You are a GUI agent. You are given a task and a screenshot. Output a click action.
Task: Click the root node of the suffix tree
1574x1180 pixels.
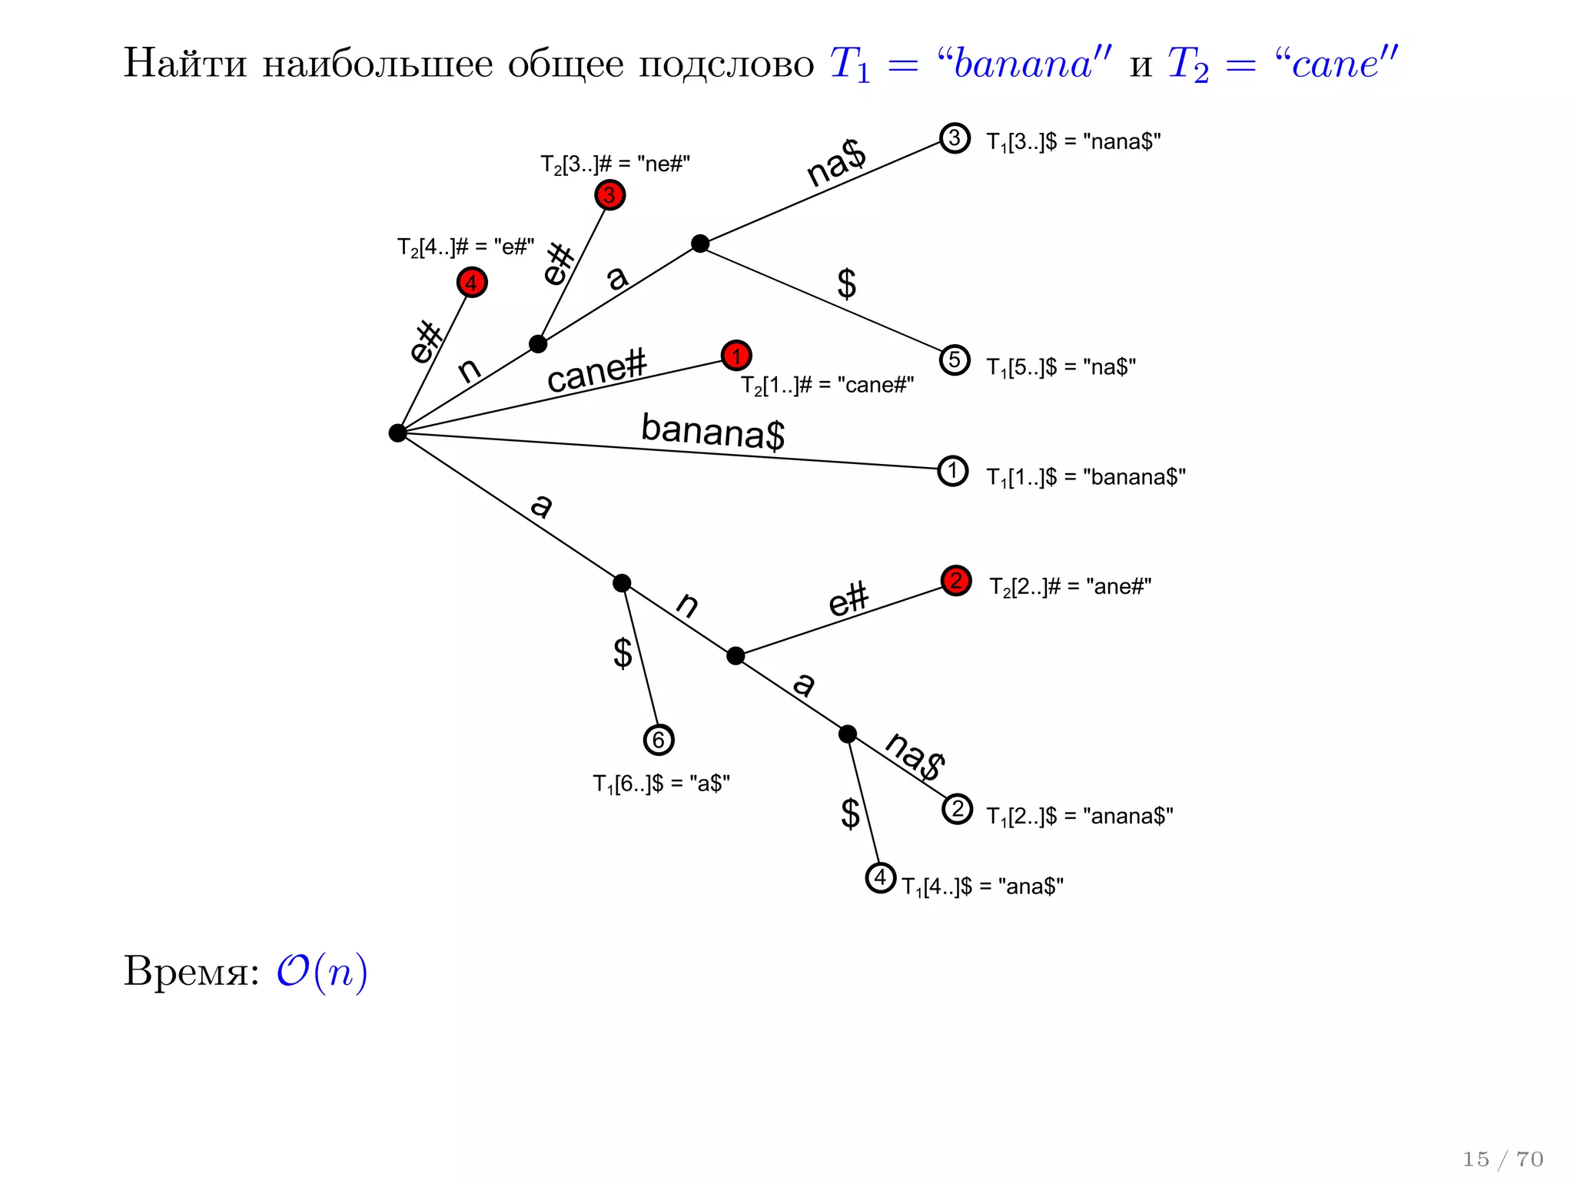[397, 433]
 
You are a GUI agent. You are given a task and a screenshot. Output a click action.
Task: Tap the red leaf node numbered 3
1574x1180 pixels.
[609, 195]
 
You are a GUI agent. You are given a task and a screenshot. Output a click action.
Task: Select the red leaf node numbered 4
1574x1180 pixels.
[472, 283]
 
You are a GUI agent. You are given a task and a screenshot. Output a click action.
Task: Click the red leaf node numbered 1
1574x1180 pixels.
[736, 356]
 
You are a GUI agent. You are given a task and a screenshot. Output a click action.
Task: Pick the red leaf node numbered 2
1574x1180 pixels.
[956, 581]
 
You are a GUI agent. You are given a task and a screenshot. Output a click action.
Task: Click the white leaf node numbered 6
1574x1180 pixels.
[659, 740]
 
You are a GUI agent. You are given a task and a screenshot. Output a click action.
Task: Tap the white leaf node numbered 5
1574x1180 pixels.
[955, 360]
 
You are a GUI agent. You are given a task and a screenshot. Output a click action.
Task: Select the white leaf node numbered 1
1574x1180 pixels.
[953, 471]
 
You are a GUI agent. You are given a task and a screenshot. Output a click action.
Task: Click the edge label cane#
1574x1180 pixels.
[596, 371]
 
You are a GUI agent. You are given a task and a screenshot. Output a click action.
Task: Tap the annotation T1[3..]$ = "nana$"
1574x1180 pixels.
[1073, 142]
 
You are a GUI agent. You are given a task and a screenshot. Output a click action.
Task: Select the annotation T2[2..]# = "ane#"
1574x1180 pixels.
[1070, 587]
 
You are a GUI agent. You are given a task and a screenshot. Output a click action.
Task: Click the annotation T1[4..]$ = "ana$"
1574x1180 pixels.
[982, 887]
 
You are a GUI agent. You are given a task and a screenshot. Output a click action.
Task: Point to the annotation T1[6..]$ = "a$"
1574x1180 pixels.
[661, 784]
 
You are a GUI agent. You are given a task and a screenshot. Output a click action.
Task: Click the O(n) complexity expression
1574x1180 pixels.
[322, 973]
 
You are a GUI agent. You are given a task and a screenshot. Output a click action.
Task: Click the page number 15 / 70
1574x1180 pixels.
[1503, 1158]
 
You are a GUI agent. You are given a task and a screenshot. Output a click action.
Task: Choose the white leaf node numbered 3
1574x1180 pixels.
[955, 138]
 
